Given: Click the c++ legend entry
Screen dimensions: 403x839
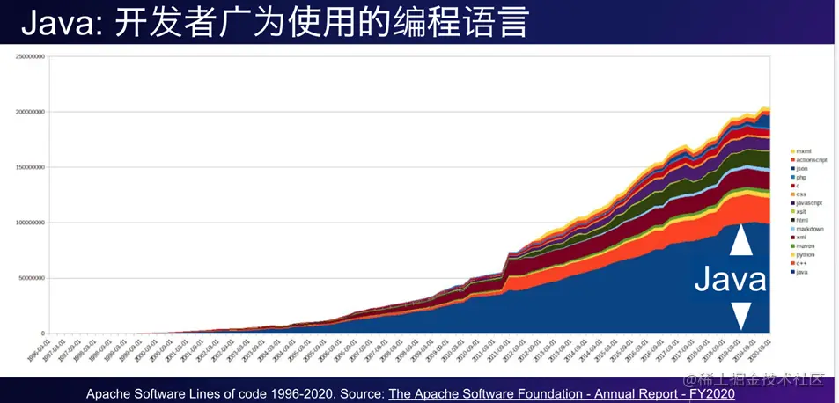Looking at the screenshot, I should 803,263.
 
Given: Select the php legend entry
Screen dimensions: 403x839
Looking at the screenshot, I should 803,177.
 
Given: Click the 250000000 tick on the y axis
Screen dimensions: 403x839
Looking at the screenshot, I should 29,56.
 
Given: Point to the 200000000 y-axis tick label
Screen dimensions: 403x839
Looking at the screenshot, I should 29,112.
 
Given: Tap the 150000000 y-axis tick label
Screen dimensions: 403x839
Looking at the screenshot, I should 29,167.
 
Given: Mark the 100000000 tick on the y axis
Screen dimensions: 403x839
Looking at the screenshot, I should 29,223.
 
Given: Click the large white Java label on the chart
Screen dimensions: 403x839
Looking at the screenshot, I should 730,280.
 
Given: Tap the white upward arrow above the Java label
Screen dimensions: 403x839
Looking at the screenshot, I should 741,240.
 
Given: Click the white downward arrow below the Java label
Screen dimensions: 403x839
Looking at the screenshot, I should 741,315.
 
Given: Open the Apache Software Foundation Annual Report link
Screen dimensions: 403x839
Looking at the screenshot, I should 534,394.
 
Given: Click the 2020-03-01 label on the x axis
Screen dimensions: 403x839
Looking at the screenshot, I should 764,348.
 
